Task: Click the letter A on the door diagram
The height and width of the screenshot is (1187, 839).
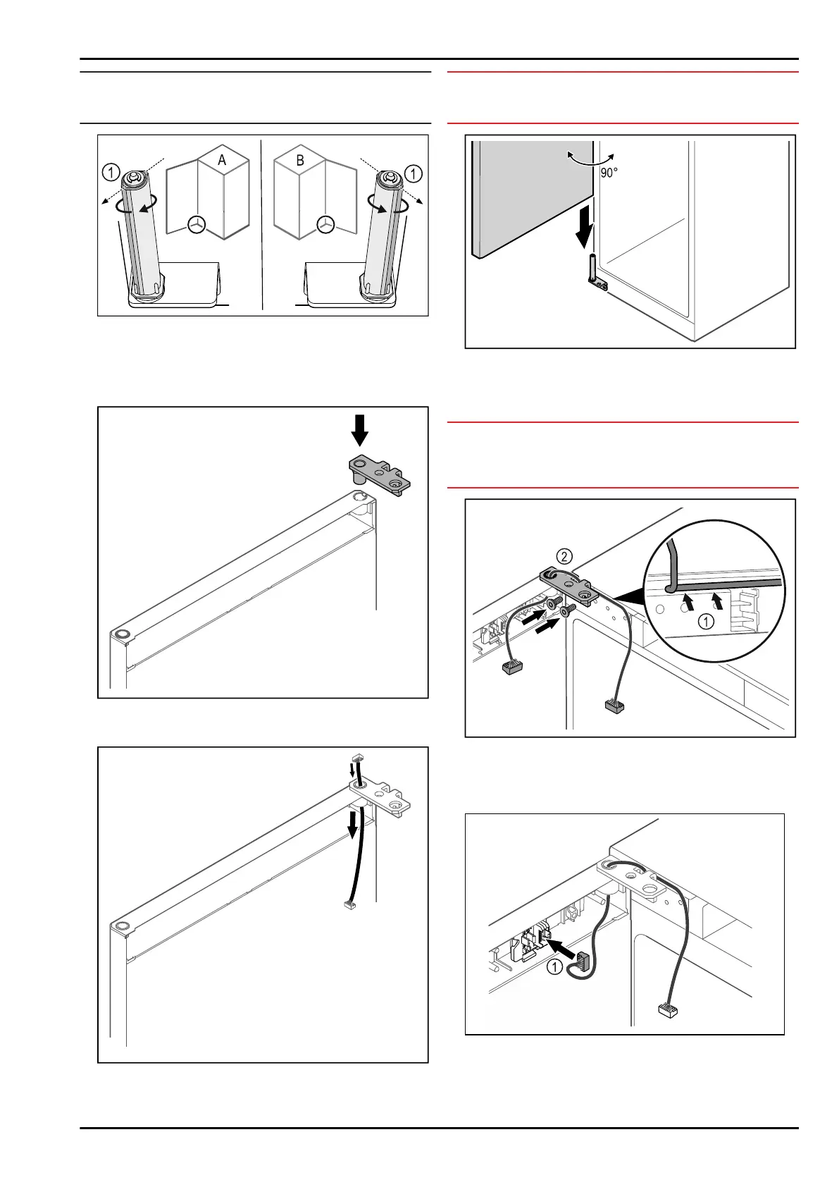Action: pyautogui.click(x=222, y=160)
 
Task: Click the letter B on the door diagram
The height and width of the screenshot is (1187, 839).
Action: pyautogui.click(x=300, y=160)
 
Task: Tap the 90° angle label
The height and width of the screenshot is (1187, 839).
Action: pyautogui.click(x=609, y=173)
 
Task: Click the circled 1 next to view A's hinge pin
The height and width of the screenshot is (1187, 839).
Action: pyautogui.click(x=111, y=172)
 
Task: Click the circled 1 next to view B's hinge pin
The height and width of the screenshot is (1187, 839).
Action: pyautogui.click(x=414, y=173)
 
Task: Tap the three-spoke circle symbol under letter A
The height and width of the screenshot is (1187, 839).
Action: pyautogui.click(x=197, y=224)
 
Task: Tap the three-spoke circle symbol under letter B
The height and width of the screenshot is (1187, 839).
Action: pyautogui.click(x=325, y=224)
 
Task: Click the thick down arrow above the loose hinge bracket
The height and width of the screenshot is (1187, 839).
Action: pyautogui.click(x=360, y=431)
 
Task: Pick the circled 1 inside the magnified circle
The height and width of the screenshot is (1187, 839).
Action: pyautogui.click(x=706, y=622)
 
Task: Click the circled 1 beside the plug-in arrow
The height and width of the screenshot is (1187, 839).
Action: pyautogui.click(x=555, y=966)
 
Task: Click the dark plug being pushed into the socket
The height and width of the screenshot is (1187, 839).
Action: pyautogui.click(x=583, y=960)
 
